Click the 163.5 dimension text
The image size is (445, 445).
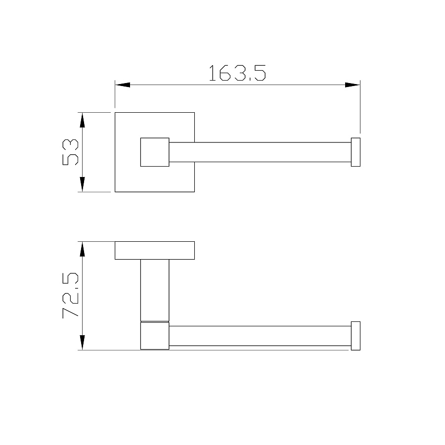coord(237,73)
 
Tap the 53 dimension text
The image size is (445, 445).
coord(70,152)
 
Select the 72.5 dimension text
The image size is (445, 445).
coord(70,296)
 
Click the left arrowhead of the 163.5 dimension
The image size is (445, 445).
coord(122,85)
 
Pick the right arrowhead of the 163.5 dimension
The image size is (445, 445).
coord(353,85)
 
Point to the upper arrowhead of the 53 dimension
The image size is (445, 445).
coord(82,120)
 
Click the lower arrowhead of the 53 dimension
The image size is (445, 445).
coord(82,184)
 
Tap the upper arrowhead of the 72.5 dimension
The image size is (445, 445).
coord(82,249)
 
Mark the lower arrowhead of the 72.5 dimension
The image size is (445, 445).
coord(82,343)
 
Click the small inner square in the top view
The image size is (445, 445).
coord(155,152)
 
